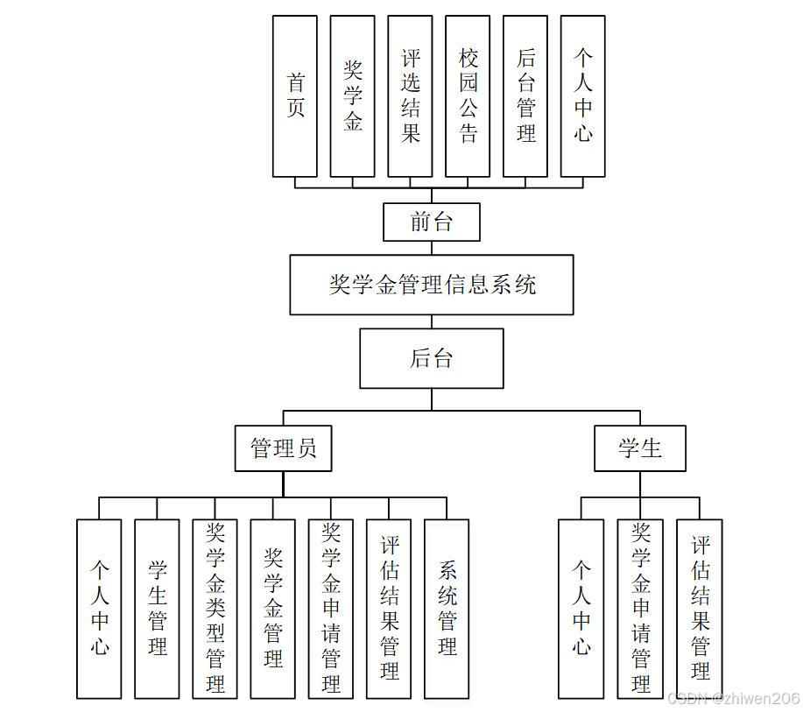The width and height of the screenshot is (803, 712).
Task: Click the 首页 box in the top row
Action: pyautogui.click(x=295, y=96)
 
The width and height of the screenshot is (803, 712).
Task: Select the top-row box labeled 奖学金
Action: pyautogui.click(x=352, y=96)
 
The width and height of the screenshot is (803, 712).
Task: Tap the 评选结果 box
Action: pyautogui.click(x=410, y=96)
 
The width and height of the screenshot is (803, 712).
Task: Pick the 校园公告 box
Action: pyautogui.click(x=468, y=96)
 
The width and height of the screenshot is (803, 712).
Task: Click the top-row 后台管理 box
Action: pyautogui.click(x=525, y=96)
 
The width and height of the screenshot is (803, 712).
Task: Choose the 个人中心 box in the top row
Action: pyautogui.click(x=582, y=96)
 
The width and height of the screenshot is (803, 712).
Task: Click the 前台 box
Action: pyautogui.click(x=432, y=222)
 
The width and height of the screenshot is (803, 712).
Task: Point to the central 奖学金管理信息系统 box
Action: pyautogui.click(x=432, y=285)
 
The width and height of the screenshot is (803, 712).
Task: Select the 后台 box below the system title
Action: pyautogui.click(x=432, y=358)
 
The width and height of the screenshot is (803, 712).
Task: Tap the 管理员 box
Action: pyautogui.click(x=284, y=448)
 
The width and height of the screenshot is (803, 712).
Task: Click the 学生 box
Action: pyautogui.click(x=640, y=448)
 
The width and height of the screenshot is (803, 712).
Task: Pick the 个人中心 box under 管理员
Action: pyautogui.click(x=99, y=609)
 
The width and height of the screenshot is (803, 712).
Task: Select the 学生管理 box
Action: pyautogui.click(x=157, y=609)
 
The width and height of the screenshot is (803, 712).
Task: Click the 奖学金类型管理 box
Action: pyautogui.click(x=215, y=609)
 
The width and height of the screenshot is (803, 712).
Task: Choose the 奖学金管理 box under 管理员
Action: pyautogui.click(x=272, y=609)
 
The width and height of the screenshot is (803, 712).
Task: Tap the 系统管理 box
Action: pyautogui.click(x=447, y=609)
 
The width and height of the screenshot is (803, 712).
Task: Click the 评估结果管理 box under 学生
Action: pyautogui.click(x=699, y=609)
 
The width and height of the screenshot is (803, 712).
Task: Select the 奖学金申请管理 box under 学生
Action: pyautogui.click(x=640, y=609)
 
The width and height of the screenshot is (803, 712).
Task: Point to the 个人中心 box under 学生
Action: pyautogui.click(x=581, y=609)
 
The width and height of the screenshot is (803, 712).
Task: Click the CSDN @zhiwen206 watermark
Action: pyautogui.click(x=733, y=698)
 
